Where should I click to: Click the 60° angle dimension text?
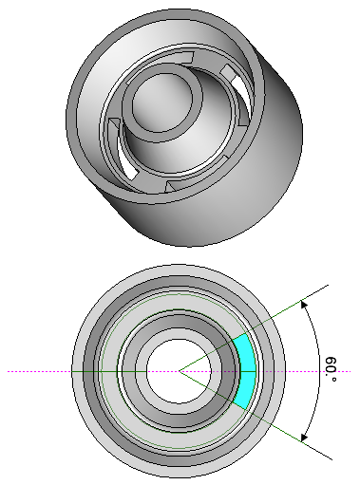point(331,369)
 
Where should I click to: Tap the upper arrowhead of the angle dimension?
point(304,305)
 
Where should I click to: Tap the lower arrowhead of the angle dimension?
point(304,438)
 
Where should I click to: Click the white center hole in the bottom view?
point(179,371)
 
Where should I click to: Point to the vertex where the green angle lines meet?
point(180,371)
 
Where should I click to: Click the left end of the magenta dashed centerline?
point(8,371)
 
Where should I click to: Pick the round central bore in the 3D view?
point(162,103)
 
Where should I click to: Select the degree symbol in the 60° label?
point(333,379)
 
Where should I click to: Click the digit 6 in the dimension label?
point(331,361)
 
